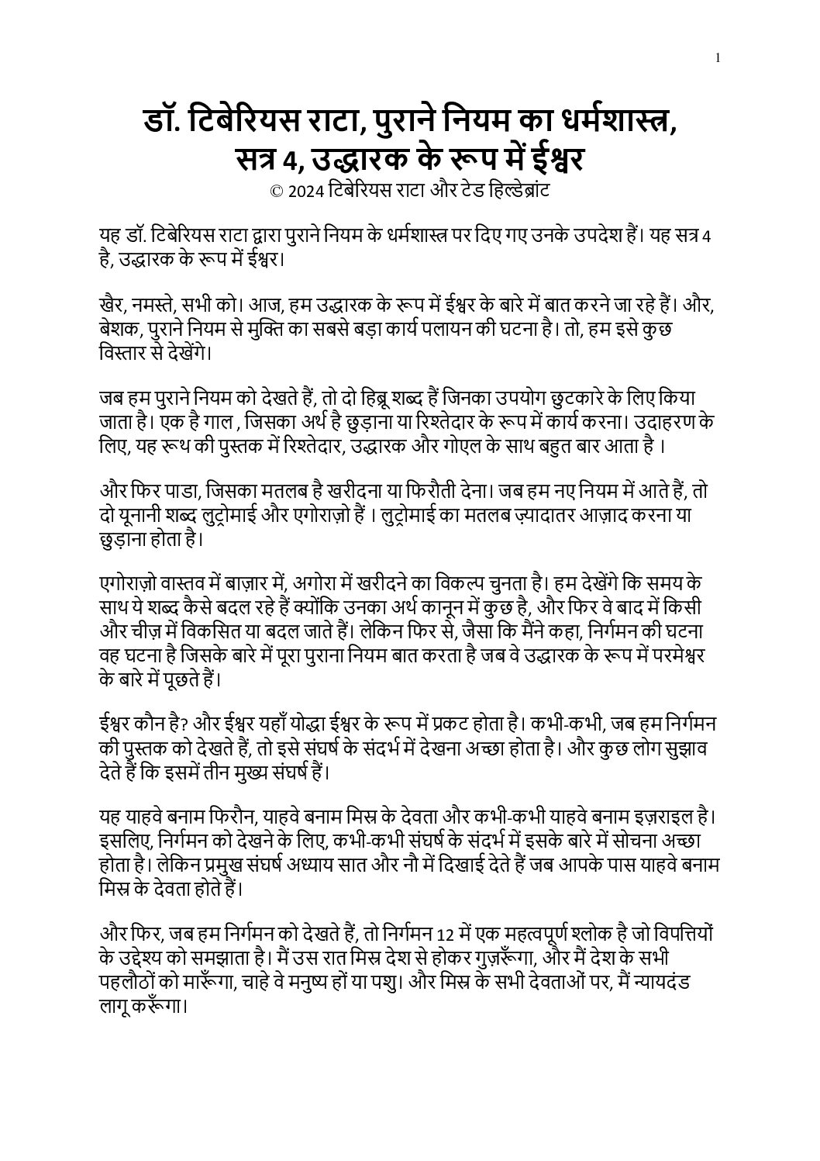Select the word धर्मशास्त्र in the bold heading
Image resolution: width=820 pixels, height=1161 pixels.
coord(614,123)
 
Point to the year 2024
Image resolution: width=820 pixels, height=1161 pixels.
coord(305,190)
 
